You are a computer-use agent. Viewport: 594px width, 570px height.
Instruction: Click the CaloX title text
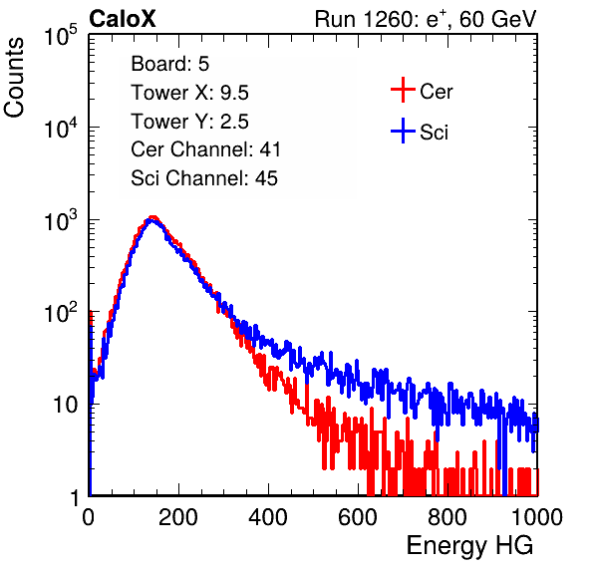(x=123, y=19)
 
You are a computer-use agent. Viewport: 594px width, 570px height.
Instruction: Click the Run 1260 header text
(x=426, y=19)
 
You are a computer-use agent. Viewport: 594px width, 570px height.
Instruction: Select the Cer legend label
(x=436, y=92)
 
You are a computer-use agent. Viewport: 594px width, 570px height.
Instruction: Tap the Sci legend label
(x=434, y=133)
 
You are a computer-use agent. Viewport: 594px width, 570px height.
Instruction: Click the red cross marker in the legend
(x=403, y=90)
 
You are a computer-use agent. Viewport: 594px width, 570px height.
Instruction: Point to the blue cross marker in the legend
(x=403, y=131)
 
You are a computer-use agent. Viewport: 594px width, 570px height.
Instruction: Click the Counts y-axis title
(x=14, y=78)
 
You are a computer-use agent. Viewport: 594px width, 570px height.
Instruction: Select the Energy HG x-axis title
(x=469, y=546)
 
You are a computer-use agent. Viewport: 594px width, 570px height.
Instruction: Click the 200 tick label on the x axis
(x=178, y=517)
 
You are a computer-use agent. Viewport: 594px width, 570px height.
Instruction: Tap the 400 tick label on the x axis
(x=268, y=517)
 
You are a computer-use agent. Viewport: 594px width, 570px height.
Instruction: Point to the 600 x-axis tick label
(x=358, y=517)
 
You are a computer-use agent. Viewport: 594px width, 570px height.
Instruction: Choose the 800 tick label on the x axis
(x=447, y=517)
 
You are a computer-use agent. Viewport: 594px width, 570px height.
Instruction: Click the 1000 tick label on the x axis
(x=537, y=517)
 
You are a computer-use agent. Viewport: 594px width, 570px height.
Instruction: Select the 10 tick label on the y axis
(x=66, y=405)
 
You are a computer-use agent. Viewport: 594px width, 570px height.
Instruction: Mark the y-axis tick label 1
(x=74, y=497)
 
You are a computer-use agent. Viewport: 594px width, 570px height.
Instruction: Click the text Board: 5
(x=170, y=64)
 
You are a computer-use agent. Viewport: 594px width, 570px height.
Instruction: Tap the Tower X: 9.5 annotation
(x=189, y=93)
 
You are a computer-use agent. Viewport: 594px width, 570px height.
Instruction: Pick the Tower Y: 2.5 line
(x=189, y=122)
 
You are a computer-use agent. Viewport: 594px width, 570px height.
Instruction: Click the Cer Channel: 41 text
(x=205, y=149)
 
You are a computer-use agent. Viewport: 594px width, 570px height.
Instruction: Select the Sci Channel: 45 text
(x=204, y=178)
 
